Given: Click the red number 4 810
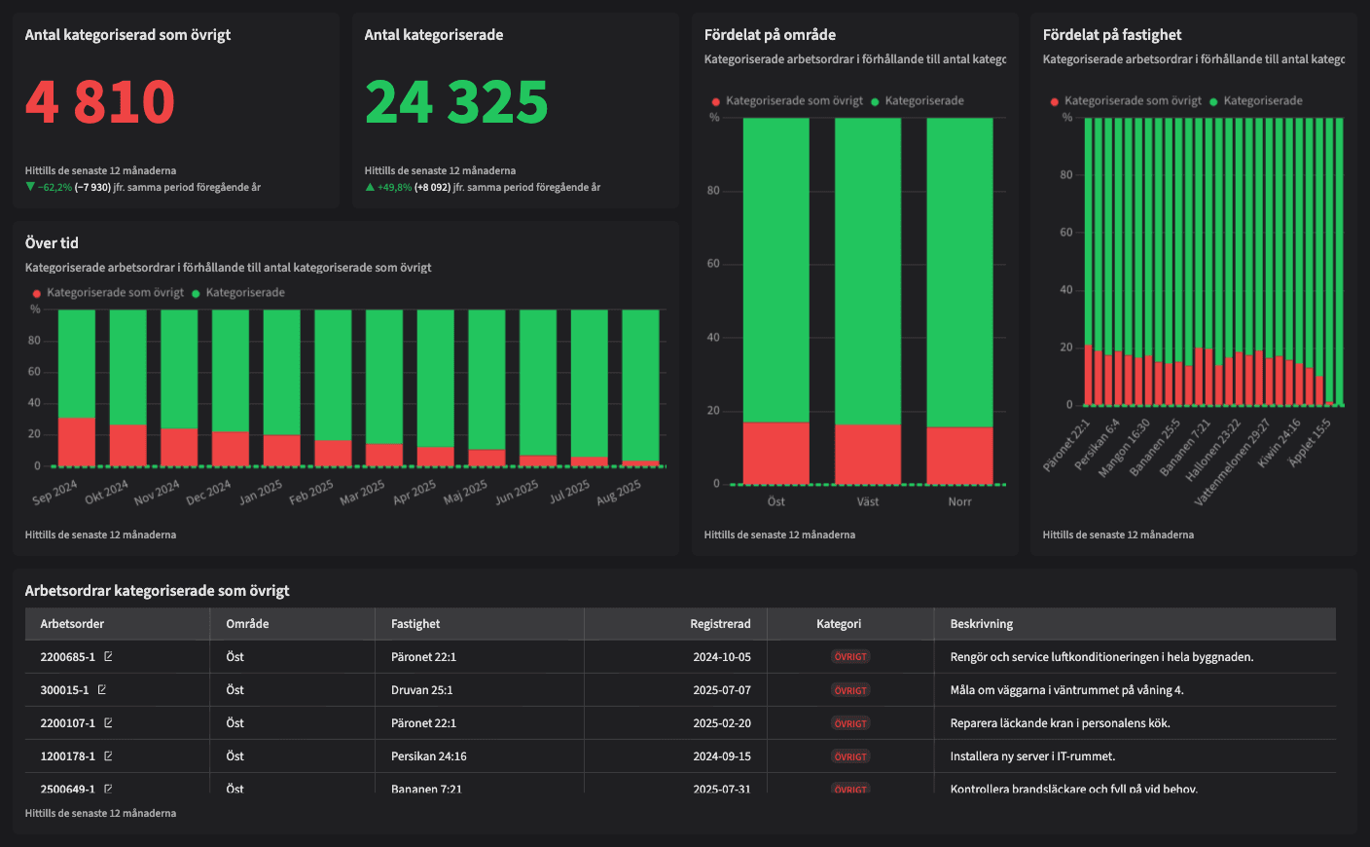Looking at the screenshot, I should [x=99, y=102].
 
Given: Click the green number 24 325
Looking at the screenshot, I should [x=456, y=102].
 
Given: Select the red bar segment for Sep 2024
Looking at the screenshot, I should [x=77, y=441].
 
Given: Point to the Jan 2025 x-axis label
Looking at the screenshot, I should [x=261, y=492].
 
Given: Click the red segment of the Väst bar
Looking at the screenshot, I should [x=868, y=454].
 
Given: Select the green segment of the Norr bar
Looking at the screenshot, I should [x=959, y=273].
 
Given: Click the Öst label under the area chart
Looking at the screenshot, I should [x=775, y=502].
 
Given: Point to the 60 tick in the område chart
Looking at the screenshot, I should [x=713, y=264].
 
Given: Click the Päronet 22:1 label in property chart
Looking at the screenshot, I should [x=1066, y=446].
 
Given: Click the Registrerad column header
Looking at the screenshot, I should [x=720, y=624].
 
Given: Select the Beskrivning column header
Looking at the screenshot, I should [x=982, y=624].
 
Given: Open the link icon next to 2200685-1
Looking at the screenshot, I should [x=108, y=657].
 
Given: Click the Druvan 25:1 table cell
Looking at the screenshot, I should [x=421, y=690].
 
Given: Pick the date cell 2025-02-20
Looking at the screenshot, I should [x=721, y=723].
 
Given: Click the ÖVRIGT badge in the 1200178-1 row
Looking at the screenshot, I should [x=850, y=756].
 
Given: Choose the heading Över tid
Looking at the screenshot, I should [x=52, y=243].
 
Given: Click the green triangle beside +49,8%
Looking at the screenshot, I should [x=370, y=187].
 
